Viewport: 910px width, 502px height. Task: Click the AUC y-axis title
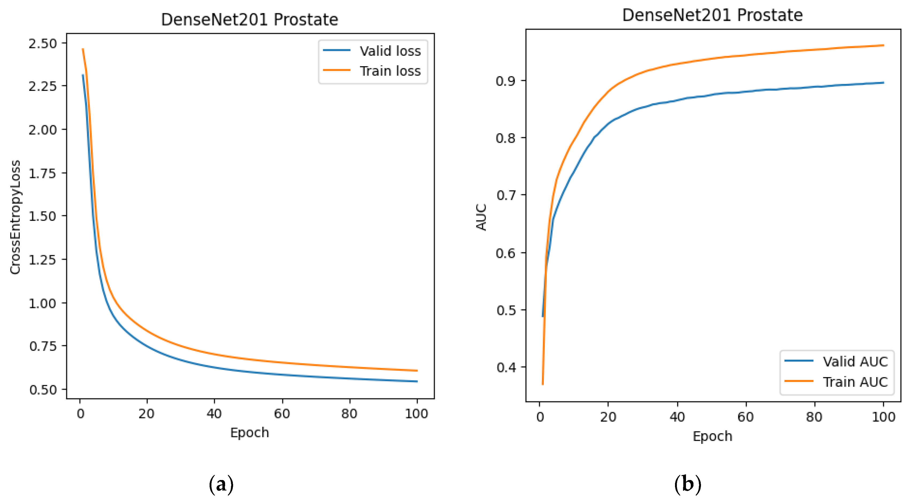coord(481,217)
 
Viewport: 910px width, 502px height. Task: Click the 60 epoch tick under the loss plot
coord(282,414)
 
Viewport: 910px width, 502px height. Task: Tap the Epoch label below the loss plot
coord(249,433)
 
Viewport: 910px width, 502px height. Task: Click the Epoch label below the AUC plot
coord(712,436)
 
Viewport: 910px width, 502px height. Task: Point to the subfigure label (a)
coord(221,484)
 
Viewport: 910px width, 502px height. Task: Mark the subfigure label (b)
coord(687,484)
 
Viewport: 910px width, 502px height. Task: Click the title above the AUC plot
coord(712,15)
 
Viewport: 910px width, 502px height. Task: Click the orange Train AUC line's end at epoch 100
coord(883,46)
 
